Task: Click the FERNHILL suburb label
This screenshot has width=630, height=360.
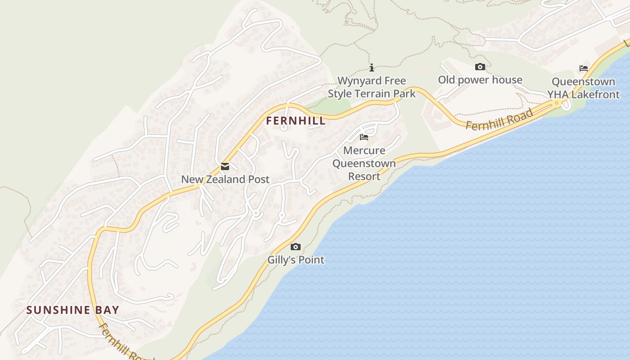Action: click(x=296, y=121)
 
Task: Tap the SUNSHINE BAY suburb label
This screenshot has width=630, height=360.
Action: click(x=73, y=310)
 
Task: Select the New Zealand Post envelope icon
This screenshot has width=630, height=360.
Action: click(x=225, y=167)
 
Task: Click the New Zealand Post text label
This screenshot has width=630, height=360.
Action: click(x=225, y=179)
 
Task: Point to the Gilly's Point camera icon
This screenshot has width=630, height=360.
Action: click(x=296, y=247)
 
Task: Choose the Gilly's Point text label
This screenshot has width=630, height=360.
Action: click(x=296, y=260)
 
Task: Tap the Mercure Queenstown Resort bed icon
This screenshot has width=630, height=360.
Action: click(x=364, y=137)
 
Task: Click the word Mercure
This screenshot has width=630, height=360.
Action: click(x=364, y=150)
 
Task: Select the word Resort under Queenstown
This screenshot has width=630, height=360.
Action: click(x=364, y=176)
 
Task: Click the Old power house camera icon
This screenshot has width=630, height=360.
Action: click(x=480, y=67)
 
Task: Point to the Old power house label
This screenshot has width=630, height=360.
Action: click(x=480, y=80)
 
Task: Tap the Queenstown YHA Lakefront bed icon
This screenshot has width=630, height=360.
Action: click(x=584, y=68)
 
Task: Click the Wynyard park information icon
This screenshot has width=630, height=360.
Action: click(x=372, y=68)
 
